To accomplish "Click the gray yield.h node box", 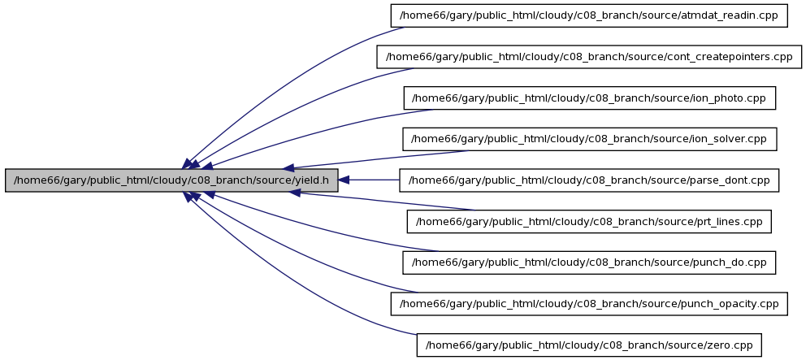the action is (x=171, y=180).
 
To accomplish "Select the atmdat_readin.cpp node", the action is (x=589, y=16).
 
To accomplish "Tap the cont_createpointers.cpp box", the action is (x=589, y=57).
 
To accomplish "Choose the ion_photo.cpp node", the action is (x=589, y=98).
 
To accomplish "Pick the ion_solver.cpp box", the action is (x=589, y=139).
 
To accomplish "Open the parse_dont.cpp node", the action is (x=589, y=180).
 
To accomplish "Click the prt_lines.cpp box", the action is (x=589, y=222).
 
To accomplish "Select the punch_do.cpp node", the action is (x=589, y=262).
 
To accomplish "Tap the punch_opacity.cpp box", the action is (x=589, y=304).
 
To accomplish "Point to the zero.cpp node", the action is (x=589, y=345).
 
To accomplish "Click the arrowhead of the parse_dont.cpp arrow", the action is (x=344, y=180).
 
